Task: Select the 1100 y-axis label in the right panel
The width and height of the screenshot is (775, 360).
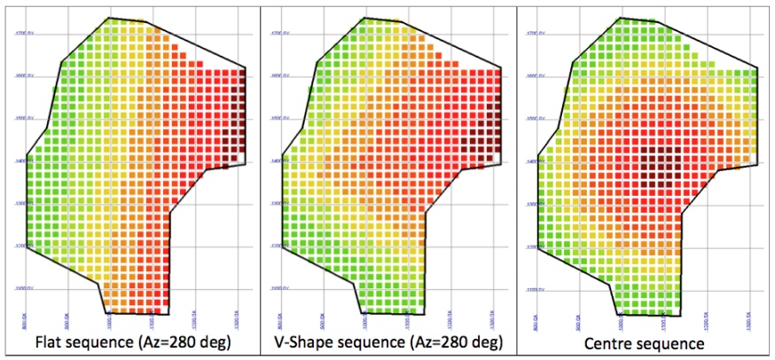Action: pos(531,289)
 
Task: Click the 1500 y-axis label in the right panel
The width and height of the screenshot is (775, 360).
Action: pos(531,119)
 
